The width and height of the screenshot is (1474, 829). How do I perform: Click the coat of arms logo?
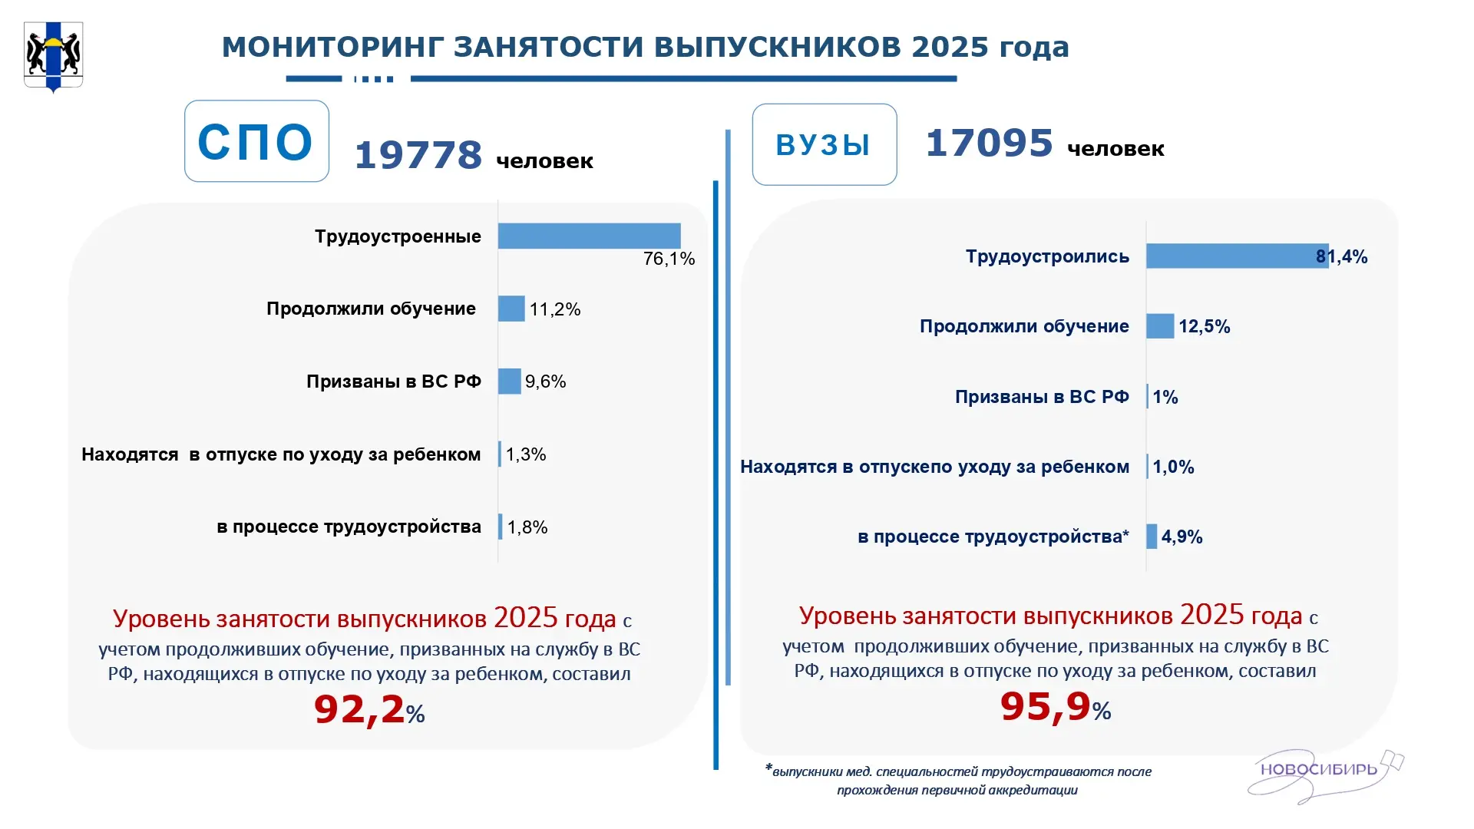53,57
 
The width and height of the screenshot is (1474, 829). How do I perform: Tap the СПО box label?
256,142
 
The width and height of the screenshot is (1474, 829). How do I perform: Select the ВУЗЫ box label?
823,145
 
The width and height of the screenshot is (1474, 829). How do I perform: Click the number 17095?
990,143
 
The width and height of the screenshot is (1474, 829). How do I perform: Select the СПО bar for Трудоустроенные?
589,236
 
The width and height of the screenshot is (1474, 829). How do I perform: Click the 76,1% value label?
669,259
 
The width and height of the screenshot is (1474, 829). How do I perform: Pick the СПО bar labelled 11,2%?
511,309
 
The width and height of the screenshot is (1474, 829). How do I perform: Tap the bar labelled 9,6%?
509,381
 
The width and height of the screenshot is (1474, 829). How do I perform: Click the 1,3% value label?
526,454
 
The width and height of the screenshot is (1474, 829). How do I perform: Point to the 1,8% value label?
527,527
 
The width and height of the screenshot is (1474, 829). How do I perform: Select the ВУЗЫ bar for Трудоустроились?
1238,256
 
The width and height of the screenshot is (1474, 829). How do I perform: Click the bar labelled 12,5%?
1160,326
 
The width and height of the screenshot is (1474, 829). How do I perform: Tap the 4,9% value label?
1182,537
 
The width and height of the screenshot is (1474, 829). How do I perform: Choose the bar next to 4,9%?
1152,537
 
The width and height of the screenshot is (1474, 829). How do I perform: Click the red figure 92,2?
359,708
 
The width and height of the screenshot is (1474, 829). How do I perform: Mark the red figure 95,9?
1046,706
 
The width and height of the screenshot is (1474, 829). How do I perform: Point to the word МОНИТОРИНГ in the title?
332,47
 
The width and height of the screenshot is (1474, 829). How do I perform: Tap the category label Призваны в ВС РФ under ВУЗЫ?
1042,397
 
